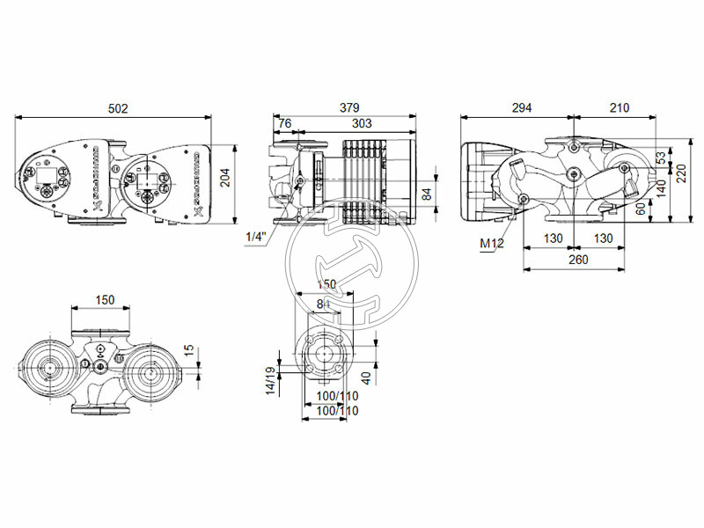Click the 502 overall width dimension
(x=118, y=108)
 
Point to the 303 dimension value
(x=354, y=123)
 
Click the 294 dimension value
(x=522, y=108)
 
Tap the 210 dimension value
(x=620, y=108)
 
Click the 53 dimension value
(x=660, y=157)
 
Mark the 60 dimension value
(x=641, y=208)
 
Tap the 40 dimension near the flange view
(x=366, y=376)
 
